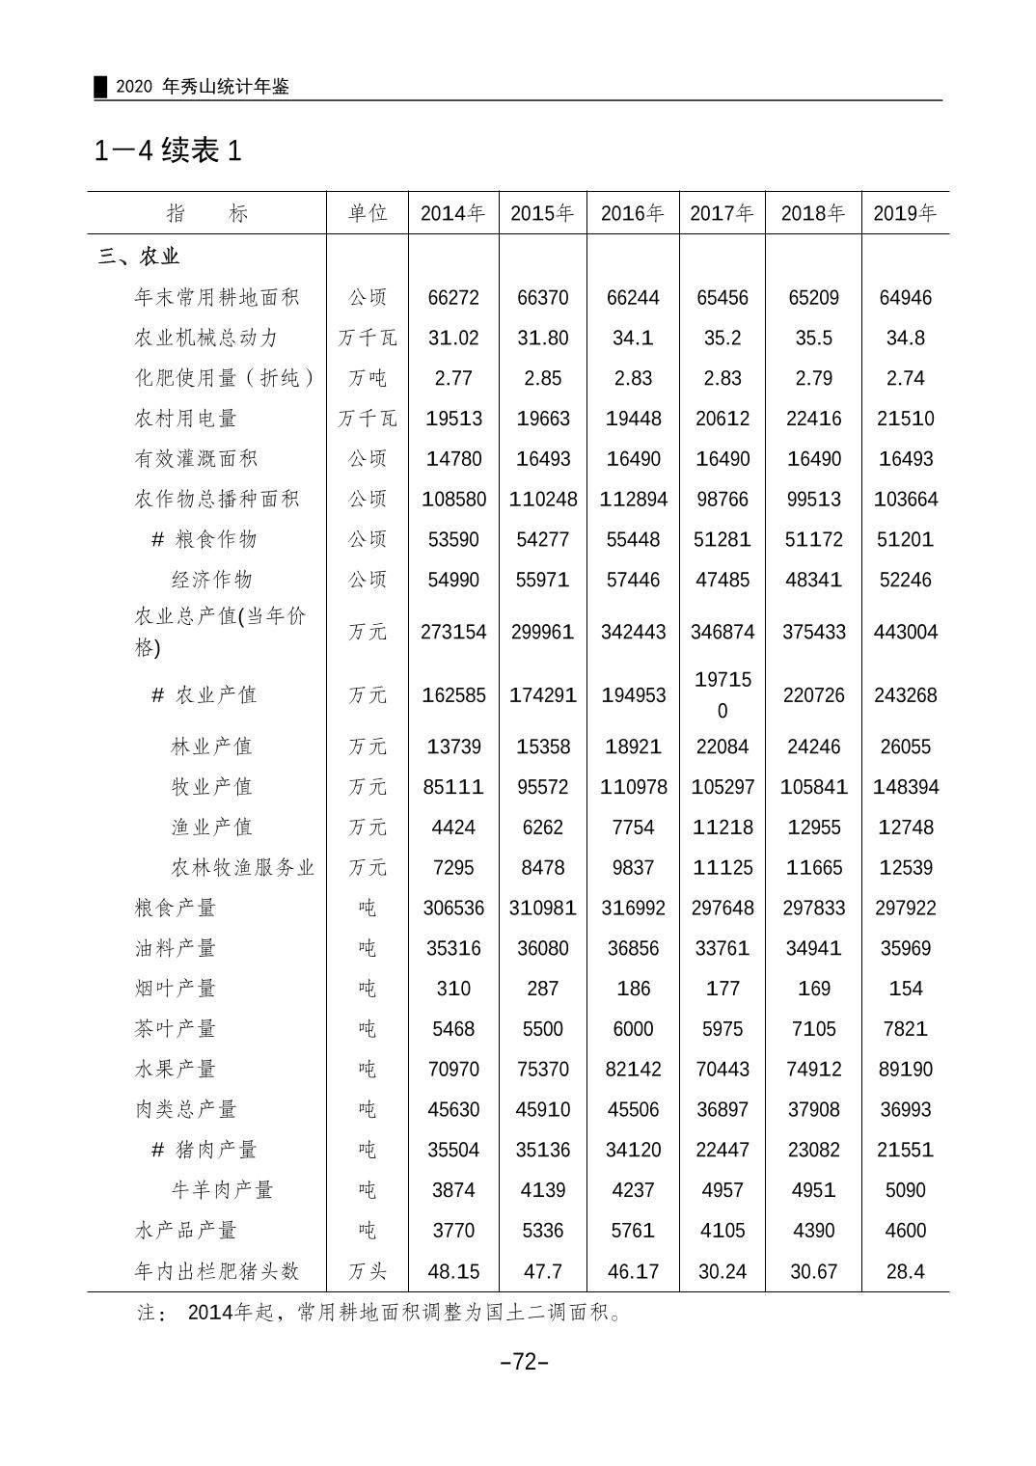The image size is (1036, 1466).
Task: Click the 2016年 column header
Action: (633, 213)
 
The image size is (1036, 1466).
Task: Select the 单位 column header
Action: (368, 213)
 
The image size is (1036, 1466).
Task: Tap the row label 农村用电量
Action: (185, 419)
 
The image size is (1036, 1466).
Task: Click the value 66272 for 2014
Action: (453, 298)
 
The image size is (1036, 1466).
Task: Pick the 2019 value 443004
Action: (905, 632)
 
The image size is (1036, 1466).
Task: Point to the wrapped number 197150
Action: (722, 694)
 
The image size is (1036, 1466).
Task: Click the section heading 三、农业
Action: (140, 257)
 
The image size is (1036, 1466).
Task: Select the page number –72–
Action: (525, 1362)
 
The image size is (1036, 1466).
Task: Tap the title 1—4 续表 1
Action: (168, 150)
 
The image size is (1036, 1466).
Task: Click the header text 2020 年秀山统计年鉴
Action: (203, 87)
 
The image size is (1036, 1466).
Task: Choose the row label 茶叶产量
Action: (175, 1029)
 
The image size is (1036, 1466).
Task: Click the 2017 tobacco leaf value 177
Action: (722, 989)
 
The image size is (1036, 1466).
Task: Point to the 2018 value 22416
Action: (813, 419)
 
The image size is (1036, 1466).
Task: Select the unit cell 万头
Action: (368, 1271)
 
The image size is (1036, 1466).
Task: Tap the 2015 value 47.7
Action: (543, 1271)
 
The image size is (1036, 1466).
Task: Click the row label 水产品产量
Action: (185, 1231)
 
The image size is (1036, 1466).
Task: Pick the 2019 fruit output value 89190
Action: (905, 1070)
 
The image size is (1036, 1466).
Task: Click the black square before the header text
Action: (100, 87)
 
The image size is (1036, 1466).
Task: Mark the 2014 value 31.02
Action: (453, 339)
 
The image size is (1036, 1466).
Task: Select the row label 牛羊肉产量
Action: (222, 1190)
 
